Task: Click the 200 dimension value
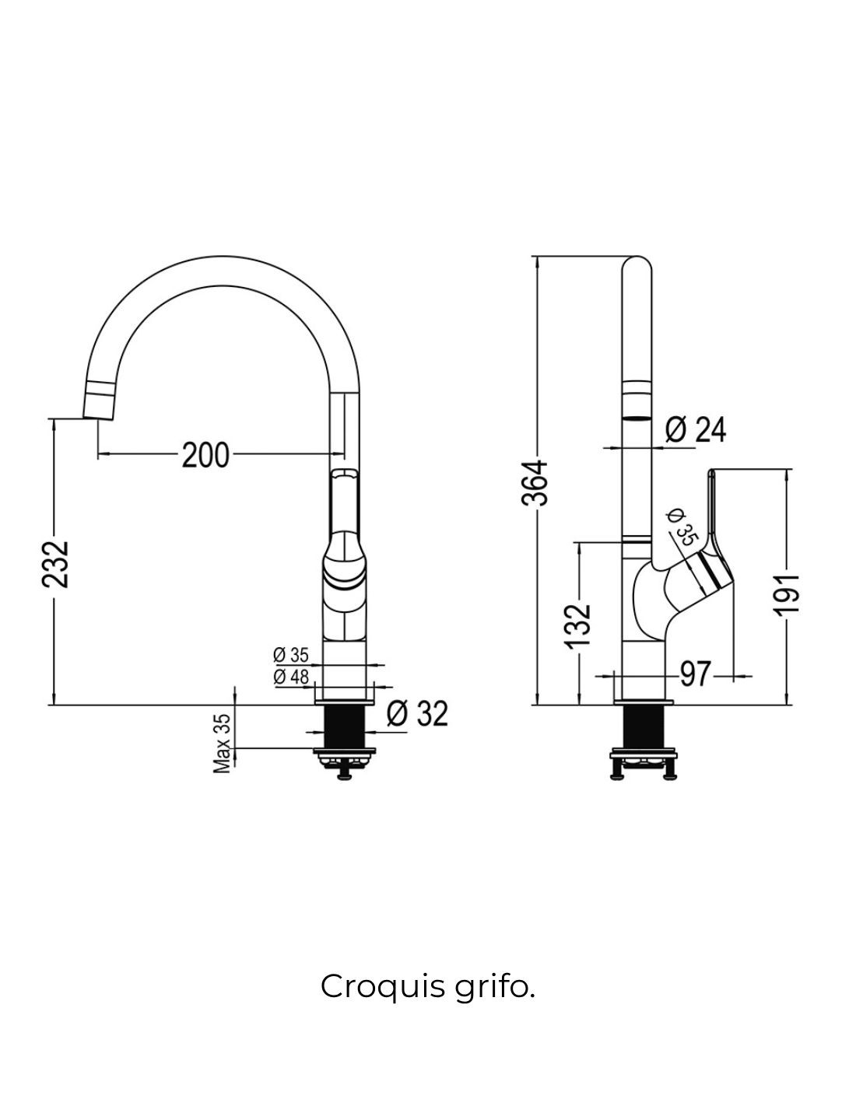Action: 205,454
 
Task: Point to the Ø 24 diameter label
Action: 696,429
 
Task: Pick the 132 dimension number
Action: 579,625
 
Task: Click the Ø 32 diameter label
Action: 418,713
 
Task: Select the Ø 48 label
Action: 291,677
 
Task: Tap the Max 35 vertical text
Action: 223,743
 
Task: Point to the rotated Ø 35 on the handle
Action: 680,527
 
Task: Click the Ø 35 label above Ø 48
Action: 291,655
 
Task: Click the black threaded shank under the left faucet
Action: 344,728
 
